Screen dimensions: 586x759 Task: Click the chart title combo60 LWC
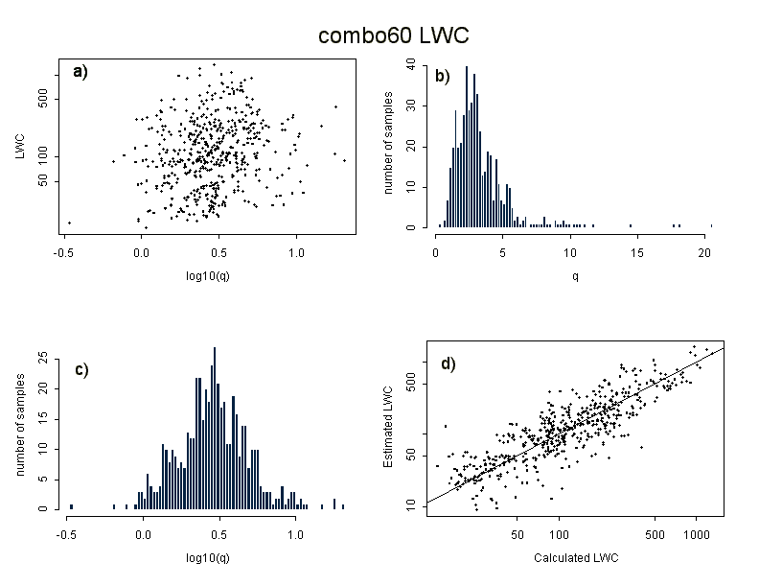click(x=393, y=35)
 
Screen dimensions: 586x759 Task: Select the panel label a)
click(x=80, y=71)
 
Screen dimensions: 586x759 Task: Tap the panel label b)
click(x=443, y=76)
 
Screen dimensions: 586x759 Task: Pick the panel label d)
click(x=448, y=363)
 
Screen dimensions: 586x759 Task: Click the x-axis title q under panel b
click(x=574, y=277)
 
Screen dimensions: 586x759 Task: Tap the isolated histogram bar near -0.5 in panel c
click(x=71, y=505)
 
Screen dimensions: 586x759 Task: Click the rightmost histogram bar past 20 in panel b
click(x=712, y=226)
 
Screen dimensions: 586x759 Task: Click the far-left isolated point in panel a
click(x=69, y=223)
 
